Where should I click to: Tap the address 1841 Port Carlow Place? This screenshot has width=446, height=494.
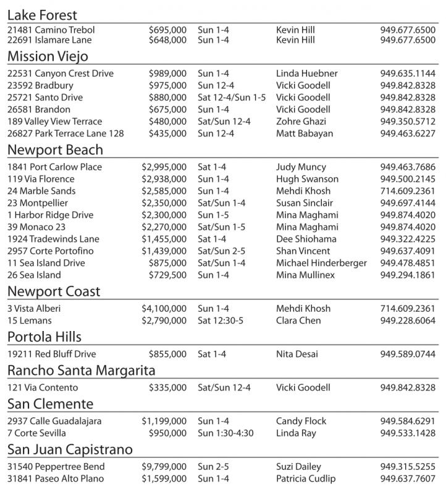[x=55, y=167]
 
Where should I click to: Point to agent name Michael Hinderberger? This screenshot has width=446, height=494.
[x=321, y=263]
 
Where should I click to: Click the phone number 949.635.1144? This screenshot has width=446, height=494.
[x=408, y=73]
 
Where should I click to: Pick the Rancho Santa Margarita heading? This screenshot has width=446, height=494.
[x=81, y=371]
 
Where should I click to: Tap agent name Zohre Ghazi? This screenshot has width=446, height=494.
[x=301, y=122]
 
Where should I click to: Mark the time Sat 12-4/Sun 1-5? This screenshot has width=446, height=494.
[x=232, y=98]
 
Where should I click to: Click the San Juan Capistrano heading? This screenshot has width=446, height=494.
[x=70, y=450]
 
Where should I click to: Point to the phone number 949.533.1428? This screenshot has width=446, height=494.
[x=408, y=433]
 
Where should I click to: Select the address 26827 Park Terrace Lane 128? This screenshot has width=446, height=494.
[x=65, y=133]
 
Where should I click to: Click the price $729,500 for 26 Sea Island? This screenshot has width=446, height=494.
[x=167, y=275]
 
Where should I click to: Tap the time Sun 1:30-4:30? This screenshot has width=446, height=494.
[x=225, y=433]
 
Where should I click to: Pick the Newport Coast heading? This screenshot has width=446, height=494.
[x=54, y=291]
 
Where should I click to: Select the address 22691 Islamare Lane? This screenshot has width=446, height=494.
[x=49, y=40]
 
